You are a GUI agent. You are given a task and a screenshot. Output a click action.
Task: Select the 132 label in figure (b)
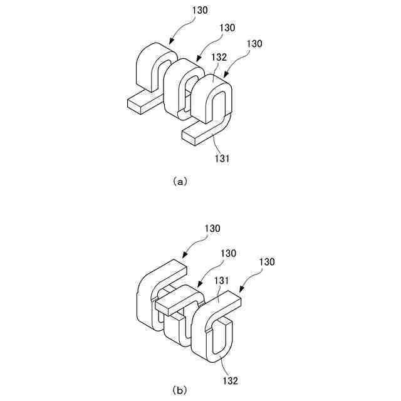click(x=229, y=380)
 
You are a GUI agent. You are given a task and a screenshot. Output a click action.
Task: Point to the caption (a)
click(x=179, y=182)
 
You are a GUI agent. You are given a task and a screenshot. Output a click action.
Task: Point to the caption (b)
click(x=179, y=390)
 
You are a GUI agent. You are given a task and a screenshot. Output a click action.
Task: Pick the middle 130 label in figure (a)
click(x=227, y=28)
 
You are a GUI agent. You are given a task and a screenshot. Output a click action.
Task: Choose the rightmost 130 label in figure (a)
click(x=254, y=44)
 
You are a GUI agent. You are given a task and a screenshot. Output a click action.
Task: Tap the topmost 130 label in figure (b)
click(x=212, y=229)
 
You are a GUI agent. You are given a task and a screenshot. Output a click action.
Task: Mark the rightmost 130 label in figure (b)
click(x=266, y=261)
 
